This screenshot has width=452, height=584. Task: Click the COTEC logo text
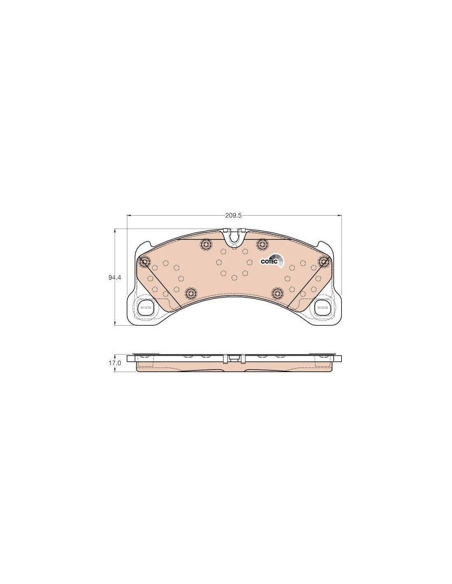pyautogui.click(x=268, y=262)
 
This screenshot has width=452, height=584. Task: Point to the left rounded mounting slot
pyautogui.click(x=145, y=307)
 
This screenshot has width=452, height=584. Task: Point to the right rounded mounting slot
pyautogui.click(x=323, y=307)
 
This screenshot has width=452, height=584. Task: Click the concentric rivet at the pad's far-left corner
pyautogui.click(x=144, y=261)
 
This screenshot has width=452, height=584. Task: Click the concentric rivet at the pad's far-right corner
pyautogui.click(x=323, y=261)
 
